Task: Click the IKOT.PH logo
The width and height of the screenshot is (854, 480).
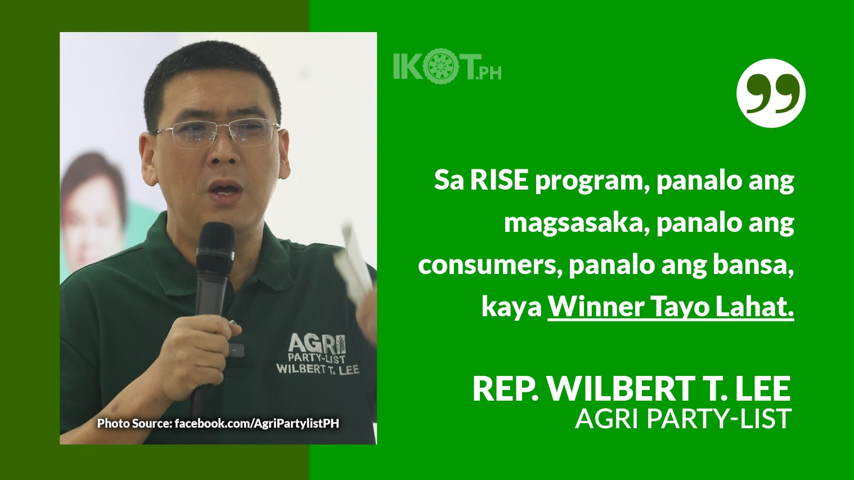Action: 447,68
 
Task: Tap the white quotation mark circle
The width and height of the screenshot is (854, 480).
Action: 771,93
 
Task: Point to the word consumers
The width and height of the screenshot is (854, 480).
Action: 487,265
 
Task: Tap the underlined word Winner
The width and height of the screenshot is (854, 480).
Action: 596,307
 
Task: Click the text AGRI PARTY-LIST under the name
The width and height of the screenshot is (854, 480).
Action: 683,419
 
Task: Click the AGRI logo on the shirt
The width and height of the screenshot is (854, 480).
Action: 317,343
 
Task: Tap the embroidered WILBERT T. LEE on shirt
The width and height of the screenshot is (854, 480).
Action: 317,369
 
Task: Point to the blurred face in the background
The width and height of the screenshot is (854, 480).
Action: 93,208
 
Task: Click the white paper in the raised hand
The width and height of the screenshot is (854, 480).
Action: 353,264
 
